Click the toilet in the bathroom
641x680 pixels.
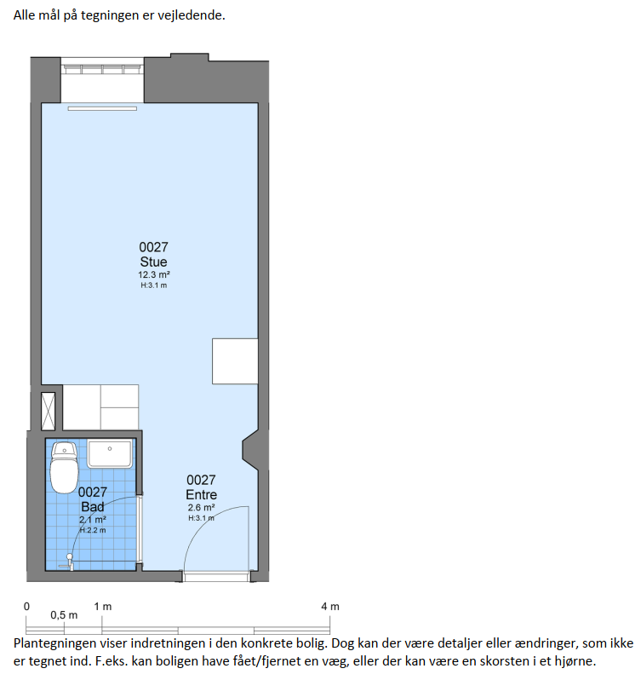click(x=64, y=468)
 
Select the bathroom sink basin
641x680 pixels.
click(x=110, y=453)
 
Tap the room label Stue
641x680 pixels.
click(x=153, y=262)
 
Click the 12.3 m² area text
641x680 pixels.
click(x=154, y=274)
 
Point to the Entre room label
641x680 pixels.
click(x=201, y=495)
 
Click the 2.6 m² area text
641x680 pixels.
click(x=201, y=507)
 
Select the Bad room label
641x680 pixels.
click(x=92, y=506)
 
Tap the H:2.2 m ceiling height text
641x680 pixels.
click(x=92, y=530)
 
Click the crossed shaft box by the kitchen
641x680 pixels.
click(x=48, y=411)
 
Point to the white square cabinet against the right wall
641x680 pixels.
click(x=235, y=361)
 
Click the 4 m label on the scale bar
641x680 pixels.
click(x=330, y=606)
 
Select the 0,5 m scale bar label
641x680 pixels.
click(x=64, y=615)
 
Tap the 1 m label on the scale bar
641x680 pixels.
click(x=103, y=606)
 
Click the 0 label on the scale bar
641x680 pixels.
click(x=27, y=606)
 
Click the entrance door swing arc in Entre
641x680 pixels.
click(x=203, y=519)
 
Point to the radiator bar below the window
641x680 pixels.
click(x=102, y=108)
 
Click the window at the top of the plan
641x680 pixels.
click(x=102, y=69)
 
